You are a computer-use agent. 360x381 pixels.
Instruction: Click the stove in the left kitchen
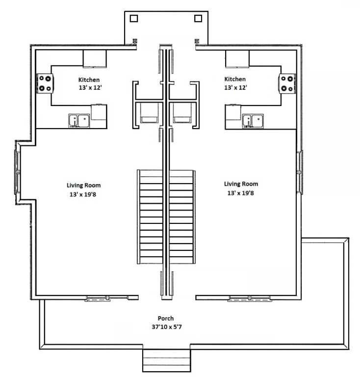45,83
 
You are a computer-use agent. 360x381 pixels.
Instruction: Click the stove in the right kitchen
287,83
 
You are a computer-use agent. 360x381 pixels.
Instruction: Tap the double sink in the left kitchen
79,121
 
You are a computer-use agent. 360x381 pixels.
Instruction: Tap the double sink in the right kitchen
253,121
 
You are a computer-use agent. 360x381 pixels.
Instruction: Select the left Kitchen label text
89,80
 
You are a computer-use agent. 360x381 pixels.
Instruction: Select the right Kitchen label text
235,79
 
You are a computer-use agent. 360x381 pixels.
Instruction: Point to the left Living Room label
83,186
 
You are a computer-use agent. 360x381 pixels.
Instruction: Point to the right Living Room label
241,184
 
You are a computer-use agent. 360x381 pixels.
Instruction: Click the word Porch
166,318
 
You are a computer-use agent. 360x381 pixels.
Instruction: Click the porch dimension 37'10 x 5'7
167,327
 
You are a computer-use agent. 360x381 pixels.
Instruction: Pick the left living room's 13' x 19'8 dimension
83,194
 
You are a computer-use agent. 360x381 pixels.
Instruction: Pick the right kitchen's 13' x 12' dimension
235,87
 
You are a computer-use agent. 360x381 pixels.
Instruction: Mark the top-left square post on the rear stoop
134,19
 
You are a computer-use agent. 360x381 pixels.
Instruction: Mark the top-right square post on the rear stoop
198,18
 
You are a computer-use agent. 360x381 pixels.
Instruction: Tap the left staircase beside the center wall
150,217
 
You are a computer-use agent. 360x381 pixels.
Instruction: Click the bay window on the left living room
18,172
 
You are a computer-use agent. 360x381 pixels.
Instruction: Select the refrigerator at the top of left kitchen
95,59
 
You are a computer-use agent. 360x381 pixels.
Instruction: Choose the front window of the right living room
250,299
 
